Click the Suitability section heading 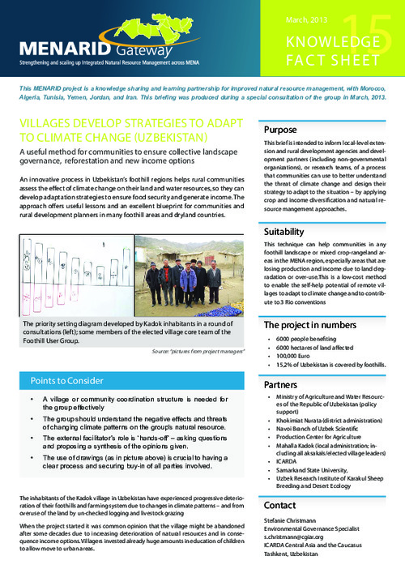coord(284,232)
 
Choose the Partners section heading coord(281,385)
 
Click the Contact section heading coord(280,504)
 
